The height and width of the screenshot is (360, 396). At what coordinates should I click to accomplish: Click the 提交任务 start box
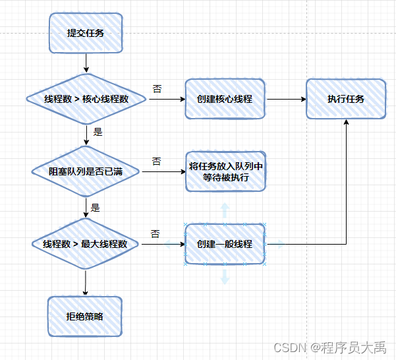(85, 34)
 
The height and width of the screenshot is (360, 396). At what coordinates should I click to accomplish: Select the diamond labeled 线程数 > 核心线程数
(86, 100)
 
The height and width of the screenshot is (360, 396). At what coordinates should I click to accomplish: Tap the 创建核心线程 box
(225, 100)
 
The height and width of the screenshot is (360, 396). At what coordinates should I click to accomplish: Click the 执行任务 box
(346, 100)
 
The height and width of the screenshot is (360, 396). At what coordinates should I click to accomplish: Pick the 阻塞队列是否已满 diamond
(86, 171)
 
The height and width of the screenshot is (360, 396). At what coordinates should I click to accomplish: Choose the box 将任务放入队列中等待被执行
(225, 171)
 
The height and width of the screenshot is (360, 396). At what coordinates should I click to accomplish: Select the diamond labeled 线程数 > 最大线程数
(86, 244)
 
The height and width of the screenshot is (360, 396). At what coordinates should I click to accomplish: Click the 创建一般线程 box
(225, 244)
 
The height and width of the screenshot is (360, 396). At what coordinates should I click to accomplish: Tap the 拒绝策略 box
(85, 316)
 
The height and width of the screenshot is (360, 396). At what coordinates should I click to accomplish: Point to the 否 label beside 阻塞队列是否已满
(157, 162)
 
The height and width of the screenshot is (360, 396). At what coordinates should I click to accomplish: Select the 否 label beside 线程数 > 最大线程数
(156, 234)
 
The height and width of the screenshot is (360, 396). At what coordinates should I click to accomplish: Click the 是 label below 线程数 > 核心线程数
(98, 132)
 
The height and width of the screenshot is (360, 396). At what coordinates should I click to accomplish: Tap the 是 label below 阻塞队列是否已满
(95, 207)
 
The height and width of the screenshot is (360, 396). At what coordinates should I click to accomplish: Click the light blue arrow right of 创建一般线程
(276, 244)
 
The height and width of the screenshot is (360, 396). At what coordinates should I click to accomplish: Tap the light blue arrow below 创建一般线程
(225, 276)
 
